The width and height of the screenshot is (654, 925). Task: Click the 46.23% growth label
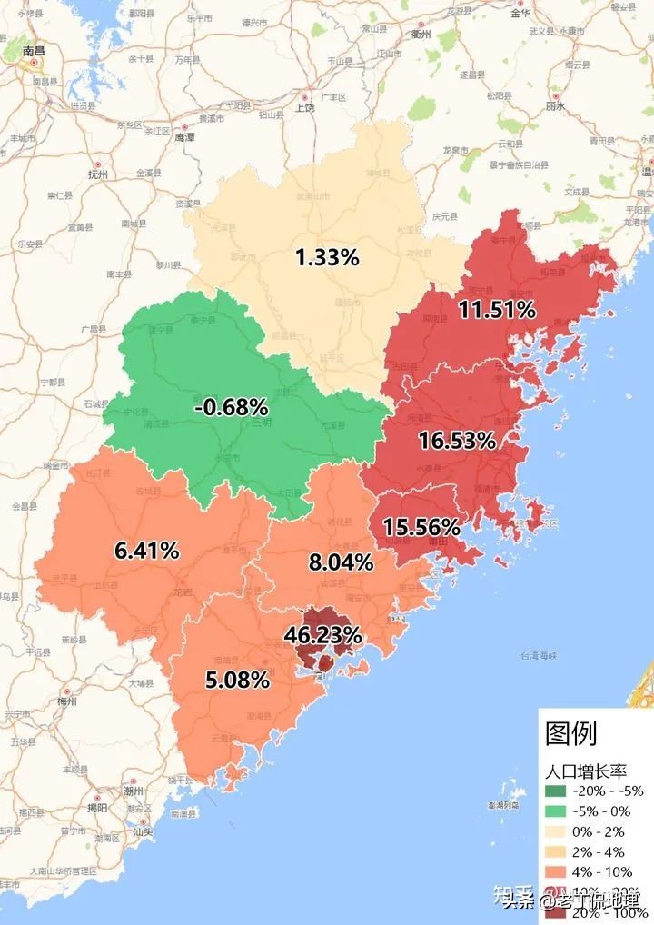(x=322, y=634)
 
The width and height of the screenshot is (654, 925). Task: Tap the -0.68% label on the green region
(x=231, y=407)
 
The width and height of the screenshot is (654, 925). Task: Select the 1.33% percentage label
(x=327, y=257)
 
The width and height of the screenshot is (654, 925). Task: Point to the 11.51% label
(x=496, y=310)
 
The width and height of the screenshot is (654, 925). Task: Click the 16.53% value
(x=457, y=442)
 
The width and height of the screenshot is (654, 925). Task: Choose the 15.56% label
(x=421, y=527)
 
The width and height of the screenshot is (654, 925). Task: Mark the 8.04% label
(x=341, y=562)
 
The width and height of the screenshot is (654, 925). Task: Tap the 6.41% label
(x=146, y=550)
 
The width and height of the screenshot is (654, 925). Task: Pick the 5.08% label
(x=237, y=680)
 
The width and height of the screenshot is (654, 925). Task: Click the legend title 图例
(x=571, y=732)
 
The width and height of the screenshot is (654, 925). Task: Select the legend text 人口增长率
(x=586, y=771)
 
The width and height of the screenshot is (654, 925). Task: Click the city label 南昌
(x=34, y=52)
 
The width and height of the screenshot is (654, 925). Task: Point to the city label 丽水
(x=555, y=107)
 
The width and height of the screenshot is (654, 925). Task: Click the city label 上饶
(x=305, y=108)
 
